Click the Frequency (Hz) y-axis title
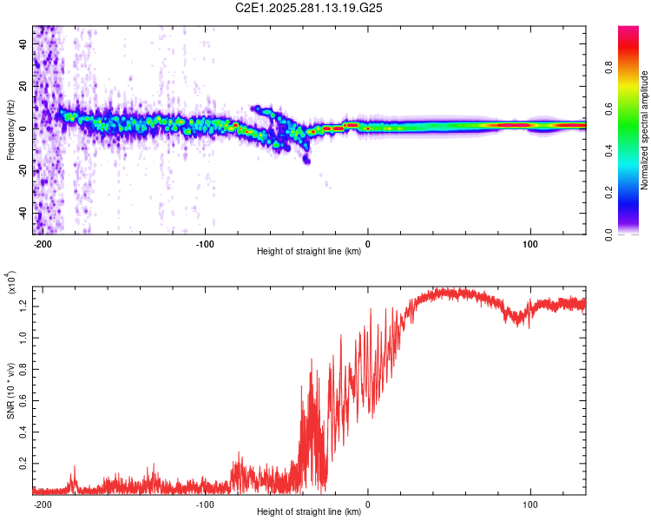click(x=10, y=130)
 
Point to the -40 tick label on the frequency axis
click(x=23, y=213)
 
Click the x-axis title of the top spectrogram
click(x=309, y=252)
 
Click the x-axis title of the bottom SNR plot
click(x=309, y=512)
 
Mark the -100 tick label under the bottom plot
click(x=206, y=505)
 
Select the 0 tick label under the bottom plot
click(x=368, y=505)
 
